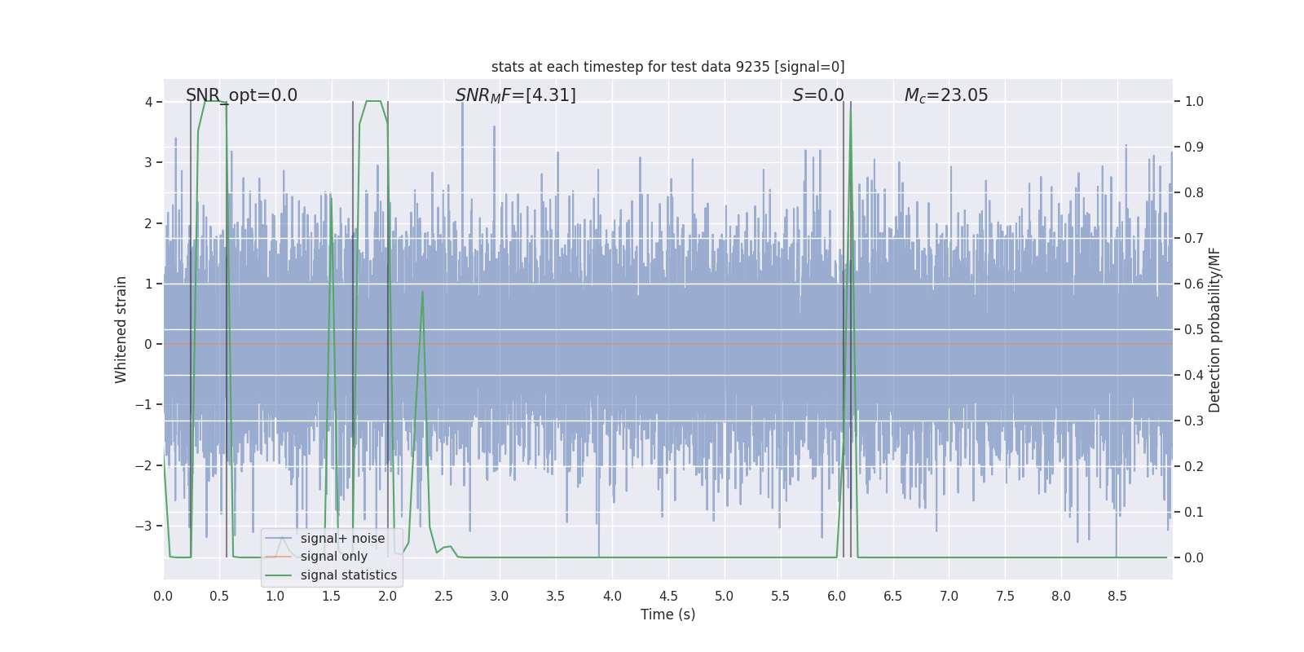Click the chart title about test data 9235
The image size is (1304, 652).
(x=667, y=67)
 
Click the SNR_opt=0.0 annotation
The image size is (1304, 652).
(x=241, y=95)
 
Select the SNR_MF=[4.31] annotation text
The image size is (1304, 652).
(x=515, y=95)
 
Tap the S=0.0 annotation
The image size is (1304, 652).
(x=818, y=95)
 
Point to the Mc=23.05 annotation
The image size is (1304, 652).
(x=945, y=95)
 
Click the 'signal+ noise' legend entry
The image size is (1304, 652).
(x=342, y=539)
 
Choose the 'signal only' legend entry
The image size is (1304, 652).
(x=333, y=557)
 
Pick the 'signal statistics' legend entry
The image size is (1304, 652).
(x=348, y=575)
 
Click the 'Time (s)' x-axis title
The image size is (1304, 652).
(x=667, y=615)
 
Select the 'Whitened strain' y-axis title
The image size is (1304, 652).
(x=121, y=329)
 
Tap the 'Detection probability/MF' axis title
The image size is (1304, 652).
(x=1214, y=329)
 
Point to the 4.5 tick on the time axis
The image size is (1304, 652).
(x=668, y=597)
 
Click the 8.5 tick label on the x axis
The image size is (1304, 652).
(x=1117, y=597)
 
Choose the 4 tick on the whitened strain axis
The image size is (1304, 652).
(x=148, y=102)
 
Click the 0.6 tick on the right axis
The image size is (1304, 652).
(x=1194, y=284)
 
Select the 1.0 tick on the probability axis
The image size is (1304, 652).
(x=1194, y=102)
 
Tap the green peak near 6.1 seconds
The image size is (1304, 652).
(x=851, y=104)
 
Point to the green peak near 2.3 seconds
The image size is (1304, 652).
(x=422, y=292)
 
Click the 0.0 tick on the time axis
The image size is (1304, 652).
(x=163, y=597)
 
